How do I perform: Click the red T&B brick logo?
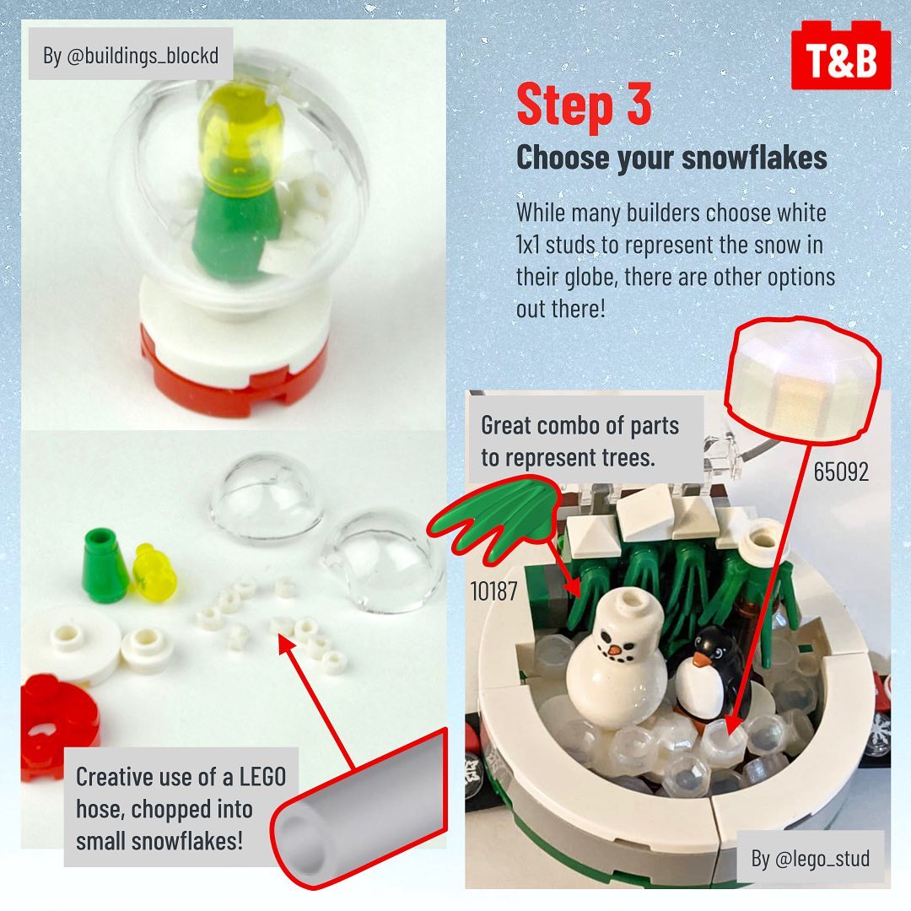841,56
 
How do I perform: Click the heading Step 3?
584,105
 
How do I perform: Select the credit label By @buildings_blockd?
131,55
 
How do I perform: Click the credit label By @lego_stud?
811,858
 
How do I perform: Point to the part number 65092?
841,472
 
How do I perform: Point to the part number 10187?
493,591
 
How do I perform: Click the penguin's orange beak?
701,660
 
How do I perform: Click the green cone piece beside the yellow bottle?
105,564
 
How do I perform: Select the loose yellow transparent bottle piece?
154,573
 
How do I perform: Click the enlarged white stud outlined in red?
803,379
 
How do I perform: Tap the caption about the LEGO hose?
181,807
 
